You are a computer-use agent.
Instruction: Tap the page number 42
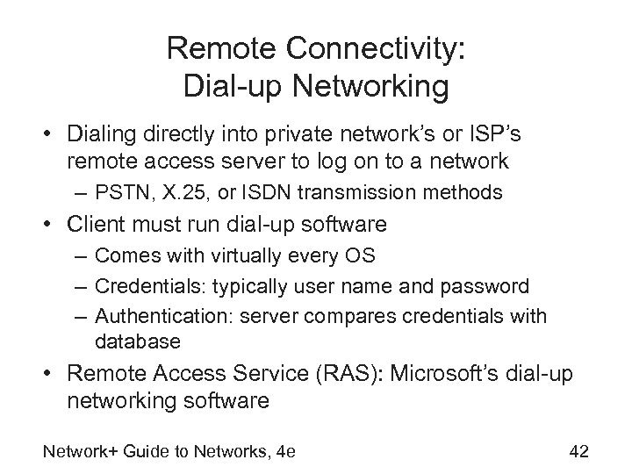[x=578, y=451]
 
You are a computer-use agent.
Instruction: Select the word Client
[x=95, y=225]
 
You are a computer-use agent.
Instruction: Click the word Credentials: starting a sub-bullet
[x=142, y=286]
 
